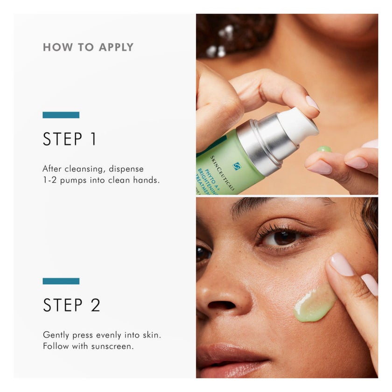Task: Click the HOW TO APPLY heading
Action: point(88,47)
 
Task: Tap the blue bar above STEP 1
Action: point(61,115)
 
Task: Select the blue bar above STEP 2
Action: point(61,281)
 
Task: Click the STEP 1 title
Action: point(70,139)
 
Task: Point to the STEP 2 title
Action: point(71,305)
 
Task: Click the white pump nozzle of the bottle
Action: point(299,125)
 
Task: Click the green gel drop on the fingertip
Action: point(324,149)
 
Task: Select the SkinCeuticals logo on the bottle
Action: point(237,166)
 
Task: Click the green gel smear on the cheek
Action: point(314,304)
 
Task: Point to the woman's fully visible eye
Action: point(282,238)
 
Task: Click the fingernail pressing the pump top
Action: point(311,103)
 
